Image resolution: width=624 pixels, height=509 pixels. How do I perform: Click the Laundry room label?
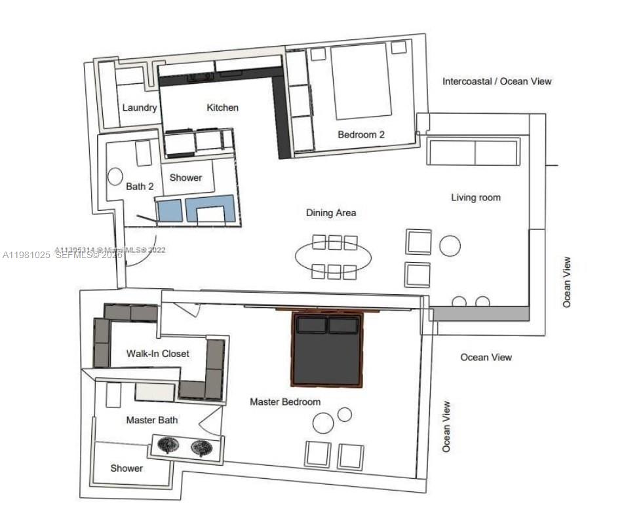(140, 107)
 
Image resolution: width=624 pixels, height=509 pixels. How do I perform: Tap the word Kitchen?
(223, 107)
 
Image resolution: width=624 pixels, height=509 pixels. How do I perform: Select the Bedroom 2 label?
(361, 135)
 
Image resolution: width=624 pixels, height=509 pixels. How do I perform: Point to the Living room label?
(475, 197)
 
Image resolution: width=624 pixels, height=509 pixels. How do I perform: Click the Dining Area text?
(331, 213)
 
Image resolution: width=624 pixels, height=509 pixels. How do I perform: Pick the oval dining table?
(334, 256)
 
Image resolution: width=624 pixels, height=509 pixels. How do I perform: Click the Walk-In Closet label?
(158, 354)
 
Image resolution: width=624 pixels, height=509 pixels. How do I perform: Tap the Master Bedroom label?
(285, 402)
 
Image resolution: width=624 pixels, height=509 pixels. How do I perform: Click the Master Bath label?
(151, 420)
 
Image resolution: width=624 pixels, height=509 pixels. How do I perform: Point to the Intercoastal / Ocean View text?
(497, 82)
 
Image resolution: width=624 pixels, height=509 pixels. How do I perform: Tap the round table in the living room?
(450, 246)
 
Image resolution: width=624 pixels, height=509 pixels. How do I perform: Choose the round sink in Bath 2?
(115, 176)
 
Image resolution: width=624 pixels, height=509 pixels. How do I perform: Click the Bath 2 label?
(140, 187)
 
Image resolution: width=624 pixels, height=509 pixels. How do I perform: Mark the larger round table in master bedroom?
(323, 423)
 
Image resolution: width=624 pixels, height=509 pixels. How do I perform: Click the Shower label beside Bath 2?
(186, 178)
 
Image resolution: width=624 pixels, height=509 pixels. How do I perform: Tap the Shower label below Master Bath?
(127, 468)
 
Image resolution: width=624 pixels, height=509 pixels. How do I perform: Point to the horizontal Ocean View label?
(486, 357)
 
